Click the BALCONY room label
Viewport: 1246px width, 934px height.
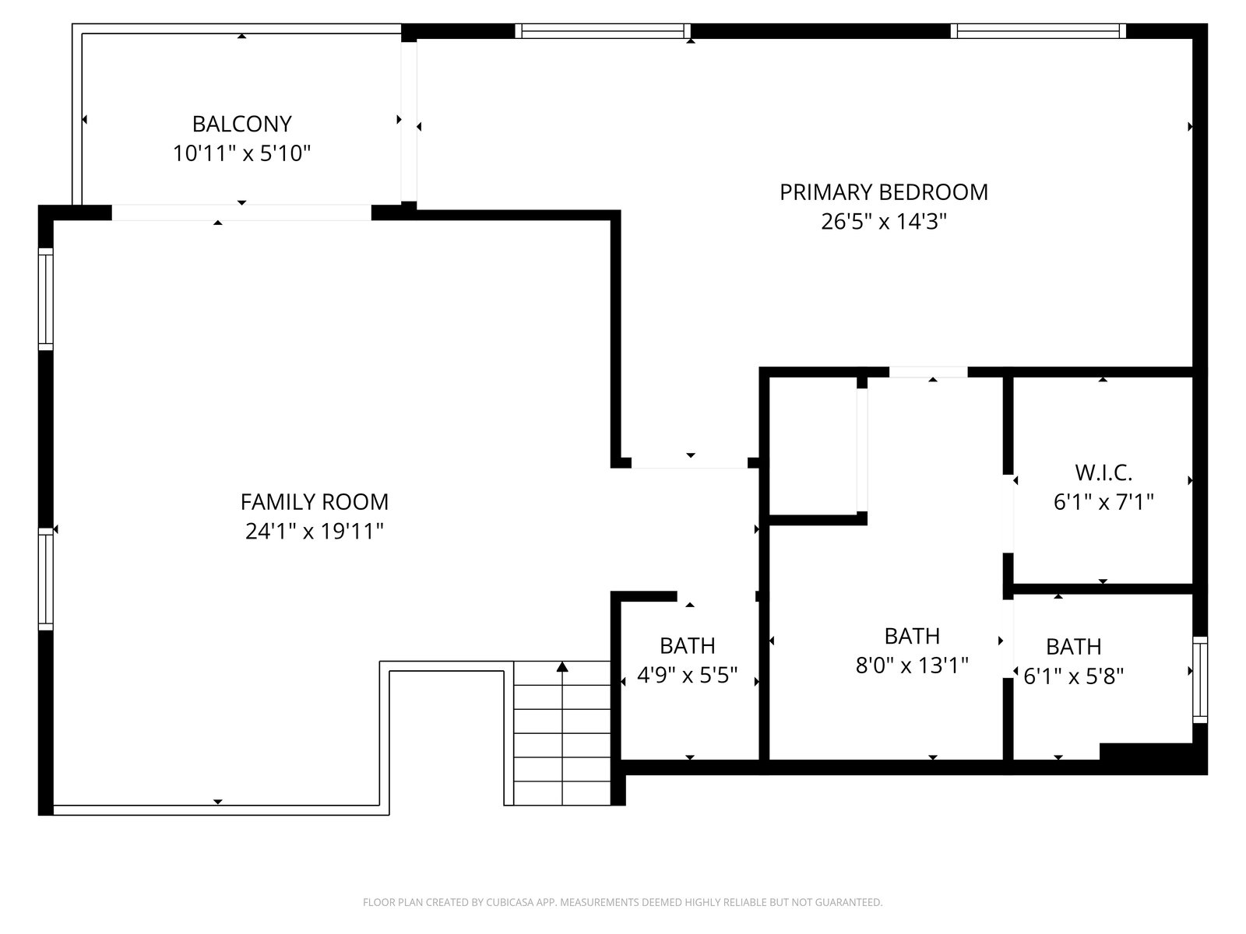pos(242,124)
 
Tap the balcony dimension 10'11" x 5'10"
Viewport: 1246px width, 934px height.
pos(242,153)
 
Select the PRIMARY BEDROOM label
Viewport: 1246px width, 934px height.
pos(883,192)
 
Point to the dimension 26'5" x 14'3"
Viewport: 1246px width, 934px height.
pos(883,221)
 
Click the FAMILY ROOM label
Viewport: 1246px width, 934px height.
pos(315,502)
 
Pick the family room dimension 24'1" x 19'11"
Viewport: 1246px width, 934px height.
pos(315,532)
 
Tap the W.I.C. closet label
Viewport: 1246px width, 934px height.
pos(1103,472)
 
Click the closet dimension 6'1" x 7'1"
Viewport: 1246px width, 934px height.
pos(1103,502)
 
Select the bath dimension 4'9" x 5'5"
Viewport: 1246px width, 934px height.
pos(688,675)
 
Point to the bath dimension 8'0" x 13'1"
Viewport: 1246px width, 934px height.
pos(912,665)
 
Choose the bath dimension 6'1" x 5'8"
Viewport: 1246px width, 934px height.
pos(1073,676)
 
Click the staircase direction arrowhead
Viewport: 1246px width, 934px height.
pos(562,666)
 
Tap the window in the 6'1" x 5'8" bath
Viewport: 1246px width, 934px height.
pos(1200,680)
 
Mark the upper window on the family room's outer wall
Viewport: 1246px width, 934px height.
pos(45,300)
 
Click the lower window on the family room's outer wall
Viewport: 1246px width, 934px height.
pos(45,579)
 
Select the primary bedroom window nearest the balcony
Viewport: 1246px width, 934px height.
pos(603,30)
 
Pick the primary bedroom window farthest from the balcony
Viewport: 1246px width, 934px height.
pos(1038,30)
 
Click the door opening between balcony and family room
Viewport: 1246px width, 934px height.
pos(241,212)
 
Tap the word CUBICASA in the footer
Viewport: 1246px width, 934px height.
pos(509,902)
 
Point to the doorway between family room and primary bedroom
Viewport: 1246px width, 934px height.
pos(690,463)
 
